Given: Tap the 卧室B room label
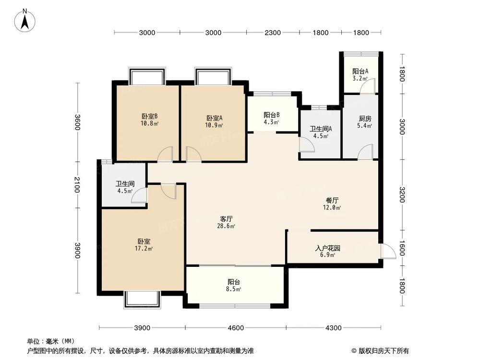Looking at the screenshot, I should click(x=150, y=117).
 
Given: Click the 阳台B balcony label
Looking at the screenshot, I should click(x=272, y=115).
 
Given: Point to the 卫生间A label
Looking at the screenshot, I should click(x=321, y=129).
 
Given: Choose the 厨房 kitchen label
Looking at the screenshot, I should click(x=365, y=119).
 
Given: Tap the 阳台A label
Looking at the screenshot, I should click(x=360, y=72).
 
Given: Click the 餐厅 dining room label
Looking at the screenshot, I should click(x=332, y=200).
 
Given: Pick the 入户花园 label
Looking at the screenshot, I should click(x=328, y=249).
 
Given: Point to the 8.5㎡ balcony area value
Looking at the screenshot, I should click(x=234, y=289).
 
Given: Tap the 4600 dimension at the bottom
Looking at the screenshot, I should click(x=236, y=328).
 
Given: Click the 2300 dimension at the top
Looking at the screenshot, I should click(x=272, y=33).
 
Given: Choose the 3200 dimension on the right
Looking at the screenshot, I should click(x=402, y=195).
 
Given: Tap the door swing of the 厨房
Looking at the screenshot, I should click(x=365, y=152).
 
